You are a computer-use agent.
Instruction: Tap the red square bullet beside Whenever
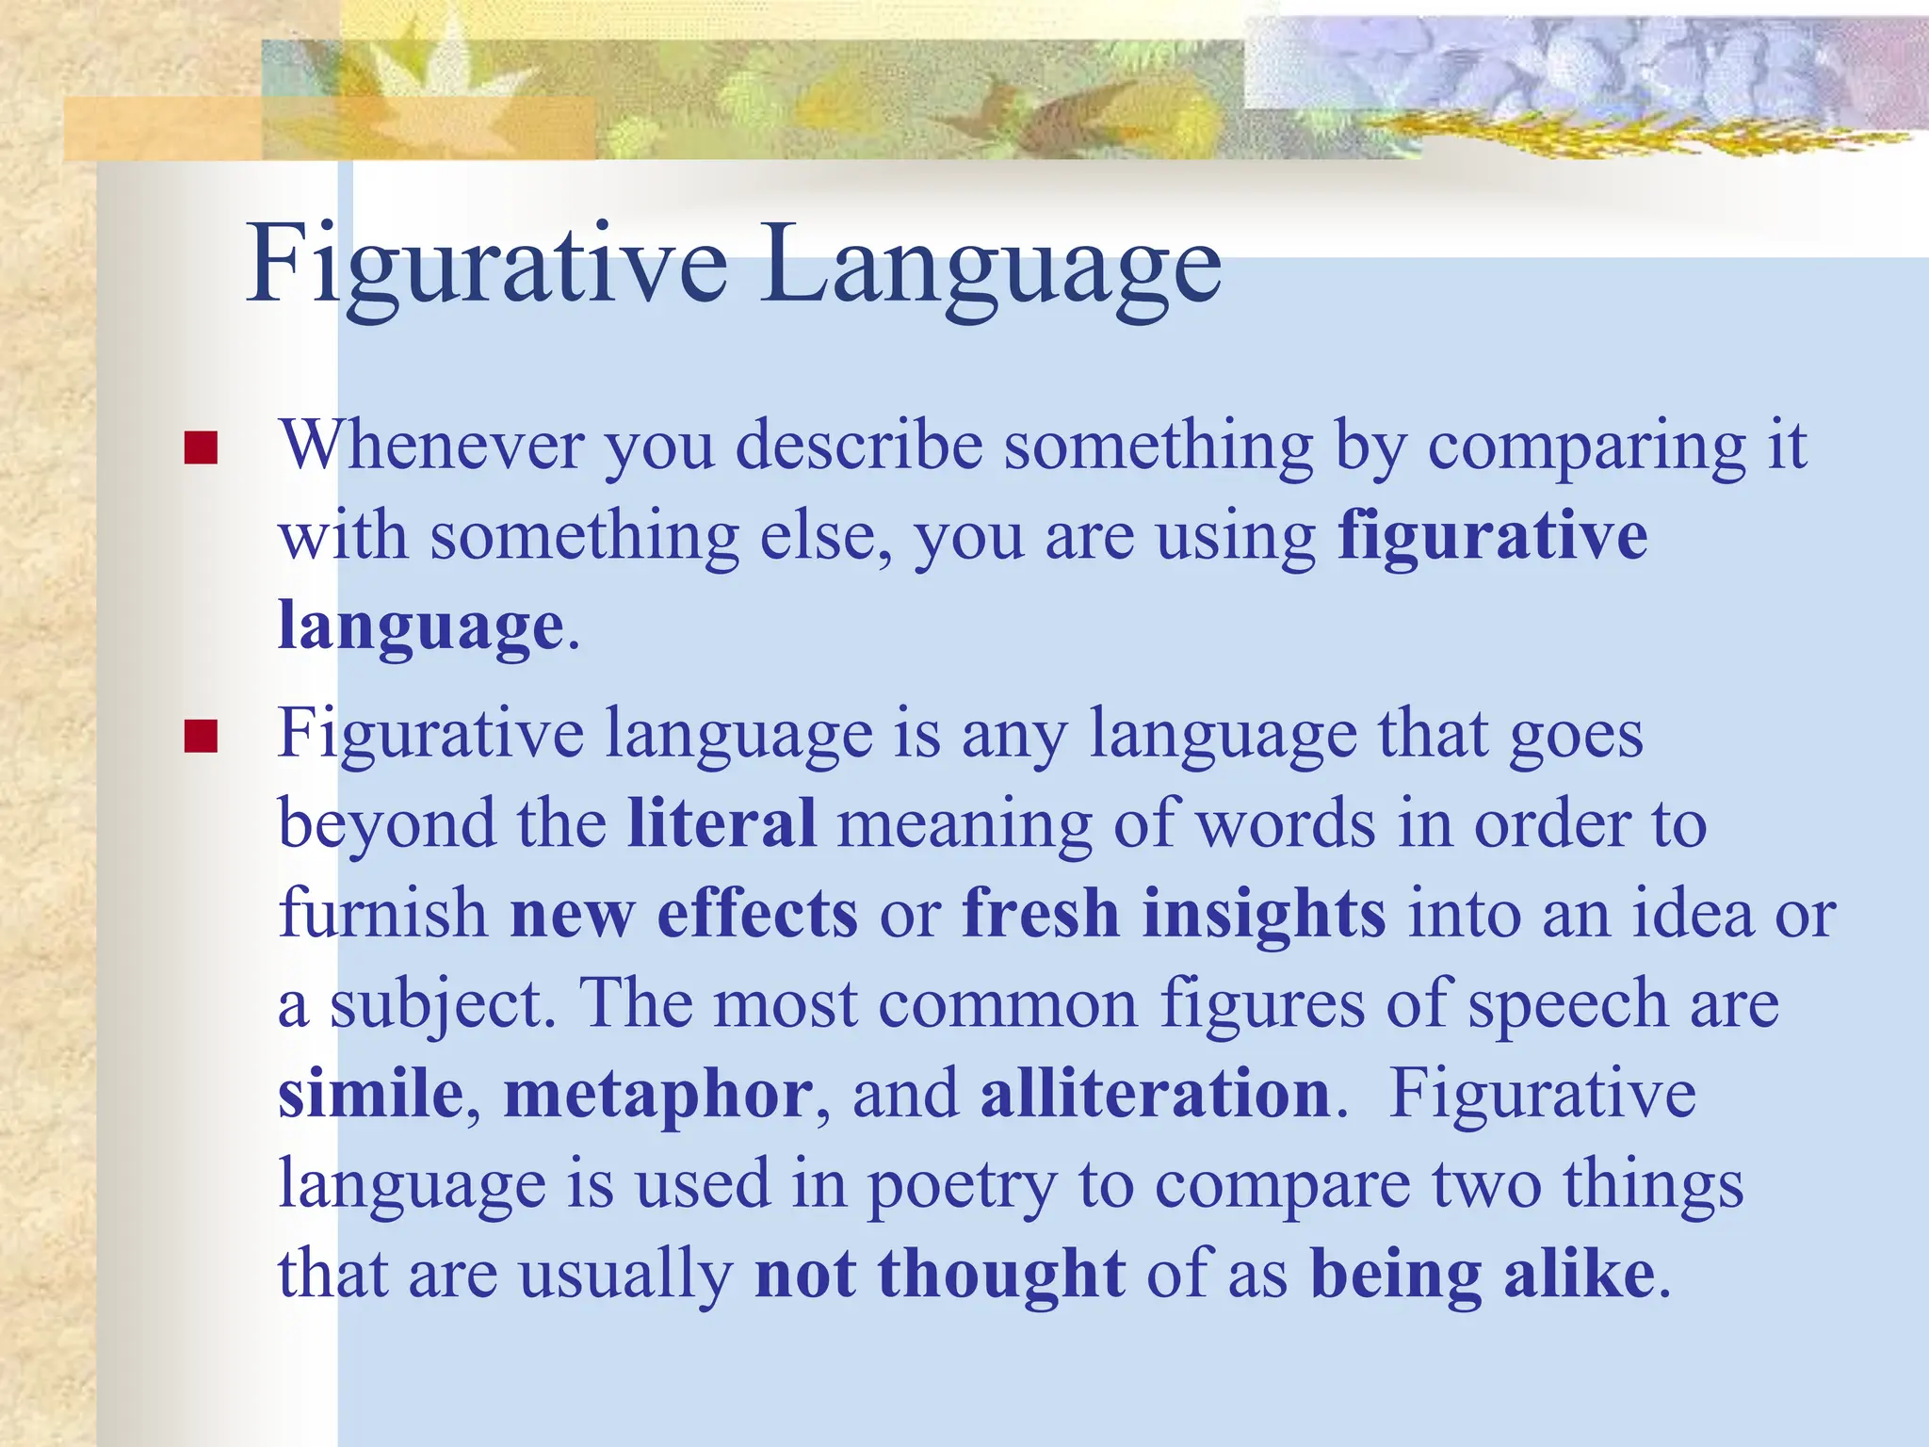coord(201,447)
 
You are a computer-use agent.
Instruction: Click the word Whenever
coord(430,445)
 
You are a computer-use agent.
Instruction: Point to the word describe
coord(859,445)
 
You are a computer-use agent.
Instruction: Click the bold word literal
coord(721,823)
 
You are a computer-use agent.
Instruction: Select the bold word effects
coord(757,914)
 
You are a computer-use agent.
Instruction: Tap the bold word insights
coord(1263,914)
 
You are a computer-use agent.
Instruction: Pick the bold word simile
coord(371,1094)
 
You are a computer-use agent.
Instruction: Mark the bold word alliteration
coord(1155,1094)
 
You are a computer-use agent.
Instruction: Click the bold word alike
coord(1580,1274)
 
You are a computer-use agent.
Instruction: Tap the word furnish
coord(383,914)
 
